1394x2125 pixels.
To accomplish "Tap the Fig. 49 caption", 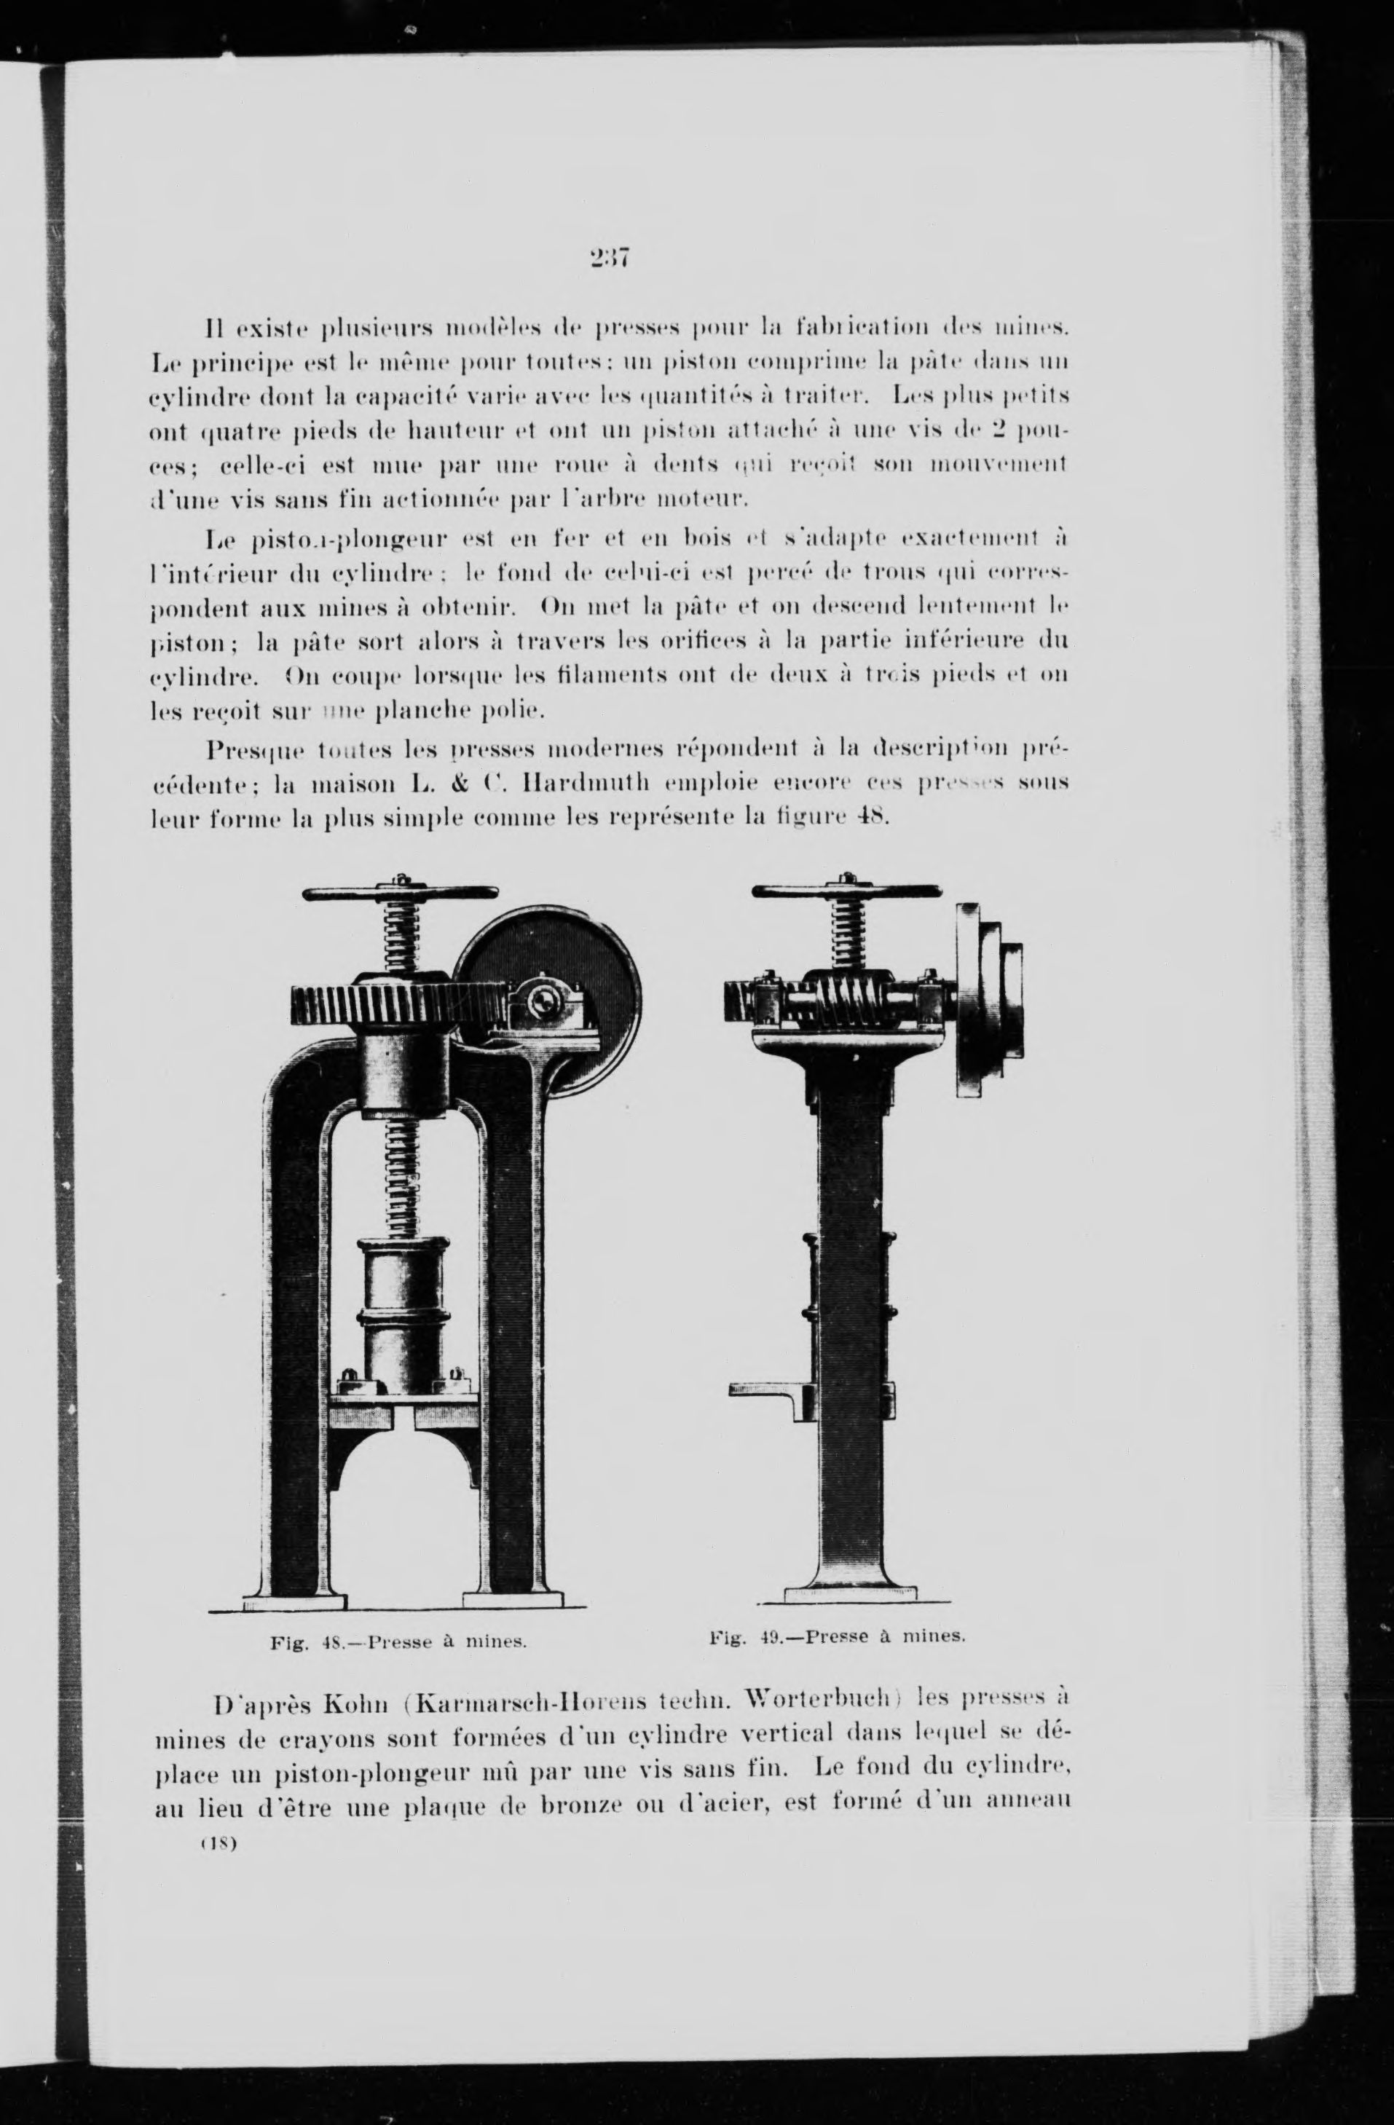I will [838, 1636].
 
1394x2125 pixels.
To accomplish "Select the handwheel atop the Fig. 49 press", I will [846, 891].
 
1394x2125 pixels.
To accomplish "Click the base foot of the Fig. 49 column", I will [850, 1593].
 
